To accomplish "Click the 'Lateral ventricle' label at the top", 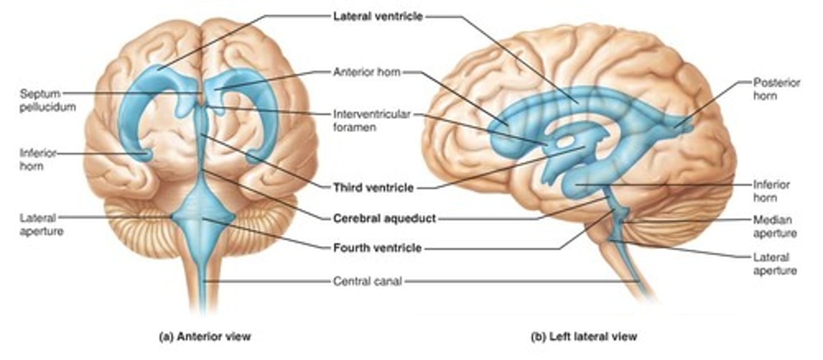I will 378,17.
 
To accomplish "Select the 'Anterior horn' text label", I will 366,73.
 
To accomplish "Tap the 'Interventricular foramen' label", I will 371,121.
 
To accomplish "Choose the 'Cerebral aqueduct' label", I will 384,218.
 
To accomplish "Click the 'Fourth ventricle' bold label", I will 377,248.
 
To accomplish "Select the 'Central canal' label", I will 367,281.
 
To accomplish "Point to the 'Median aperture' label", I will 774,226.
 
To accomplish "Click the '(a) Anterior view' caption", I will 205,337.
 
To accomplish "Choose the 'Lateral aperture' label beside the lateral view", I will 774,264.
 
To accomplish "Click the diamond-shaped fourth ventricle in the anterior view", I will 203,218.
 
